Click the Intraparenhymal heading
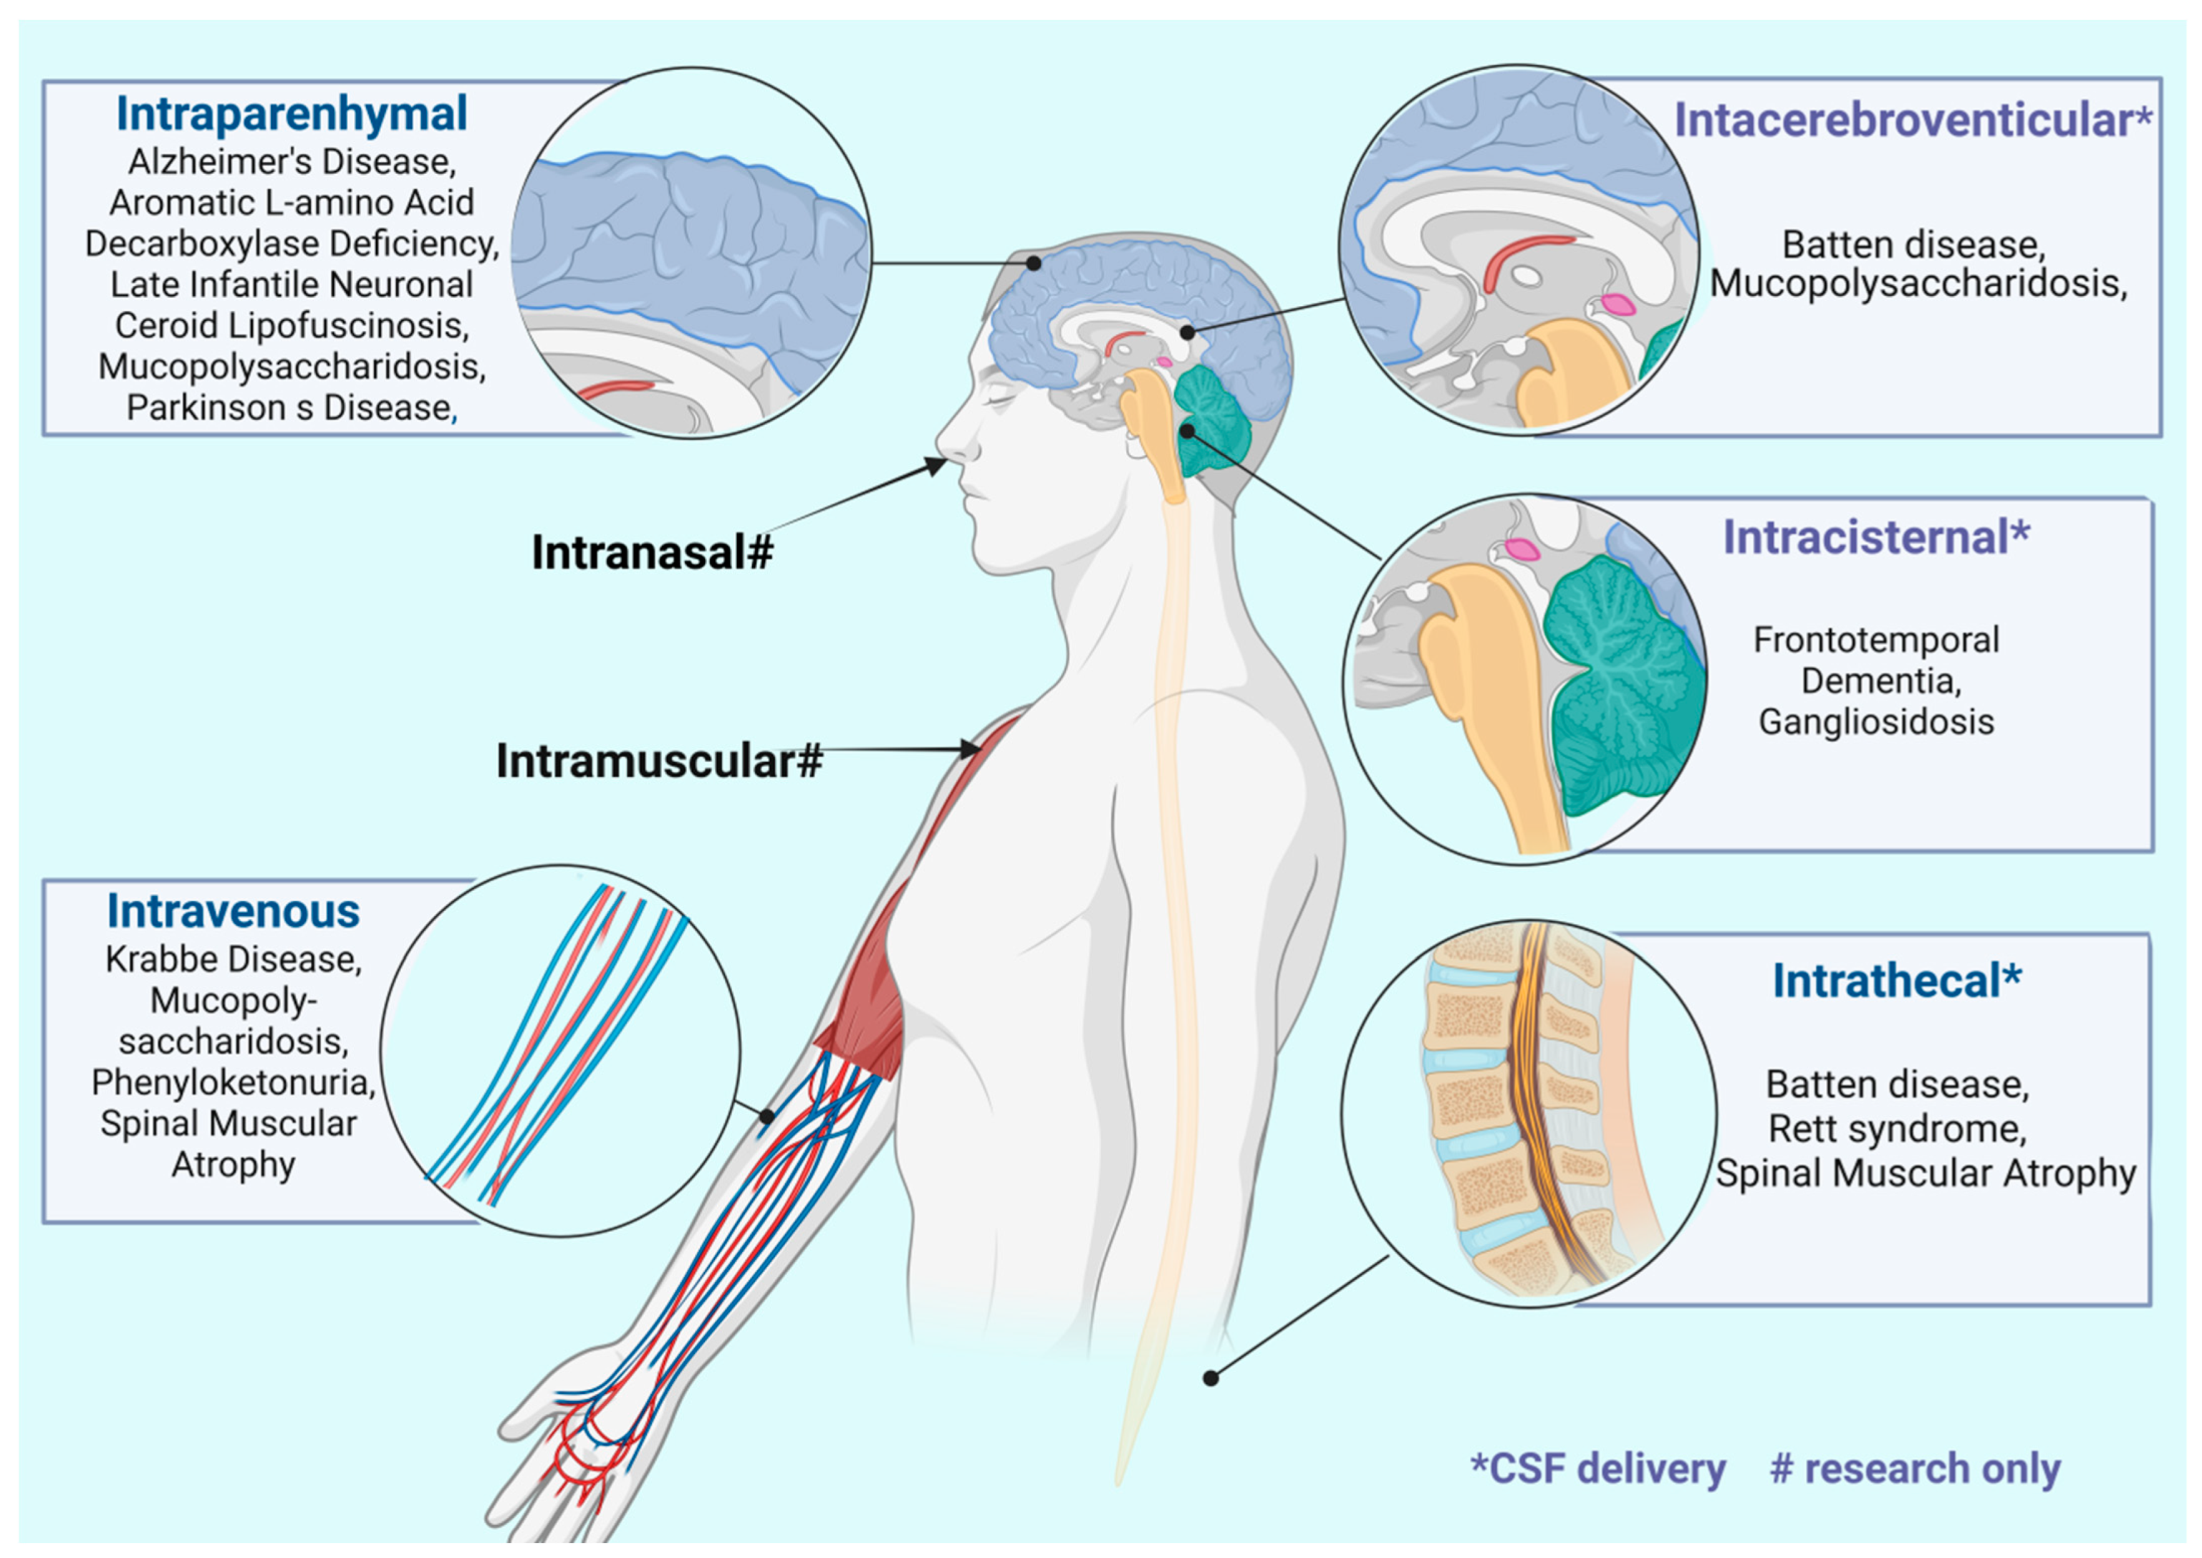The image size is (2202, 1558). (291, 114)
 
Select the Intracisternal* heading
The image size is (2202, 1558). (1876, 537)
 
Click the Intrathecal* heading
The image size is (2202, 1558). (1896, 981)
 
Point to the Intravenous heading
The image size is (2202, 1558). (233, 911)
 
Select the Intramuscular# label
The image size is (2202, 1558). (659, 761)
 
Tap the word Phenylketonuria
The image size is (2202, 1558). (233, 1083)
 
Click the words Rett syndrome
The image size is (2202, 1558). (1897, 1129)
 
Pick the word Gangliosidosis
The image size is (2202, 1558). (1876, 722)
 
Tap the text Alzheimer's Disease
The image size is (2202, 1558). (292, 162)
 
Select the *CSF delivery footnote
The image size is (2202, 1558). (1597, 1468)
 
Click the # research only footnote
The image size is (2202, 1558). (1914, 1468)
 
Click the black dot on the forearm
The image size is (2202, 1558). (768, 1117)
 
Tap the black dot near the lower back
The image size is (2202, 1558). (1211, 1379)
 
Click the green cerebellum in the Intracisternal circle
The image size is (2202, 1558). (1622, 691)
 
